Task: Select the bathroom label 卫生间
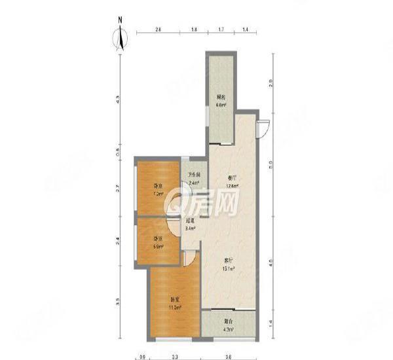tap(194, 175)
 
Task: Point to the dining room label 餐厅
tap(231, 177)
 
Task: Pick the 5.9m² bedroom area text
tap(158, 247)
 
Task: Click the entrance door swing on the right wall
tap(263, 129)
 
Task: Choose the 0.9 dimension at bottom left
tap(142, 357)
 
